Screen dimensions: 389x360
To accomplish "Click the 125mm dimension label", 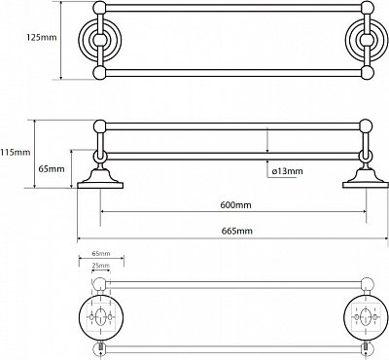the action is (x=42, y=37).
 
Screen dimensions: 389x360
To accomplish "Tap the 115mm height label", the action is (x=16, y=152).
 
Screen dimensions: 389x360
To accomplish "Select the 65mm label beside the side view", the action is (x=52, y=169).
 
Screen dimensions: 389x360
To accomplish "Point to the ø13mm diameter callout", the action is (x=287, y=170).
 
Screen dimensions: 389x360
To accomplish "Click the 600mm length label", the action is (x=235, y=205).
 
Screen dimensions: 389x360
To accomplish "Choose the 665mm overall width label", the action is (x=237, y=231).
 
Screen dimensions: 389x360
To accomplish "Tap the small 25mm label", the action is (x=101, y=266).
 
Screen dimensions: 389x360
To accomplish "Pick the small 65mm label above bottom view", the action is (x=101, y=253).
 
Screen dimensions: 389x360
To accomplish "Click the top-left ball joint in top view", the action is (x=100, y=8).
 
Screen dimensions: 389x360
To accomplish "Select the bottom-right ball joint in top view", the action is (x=368, y=73).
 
